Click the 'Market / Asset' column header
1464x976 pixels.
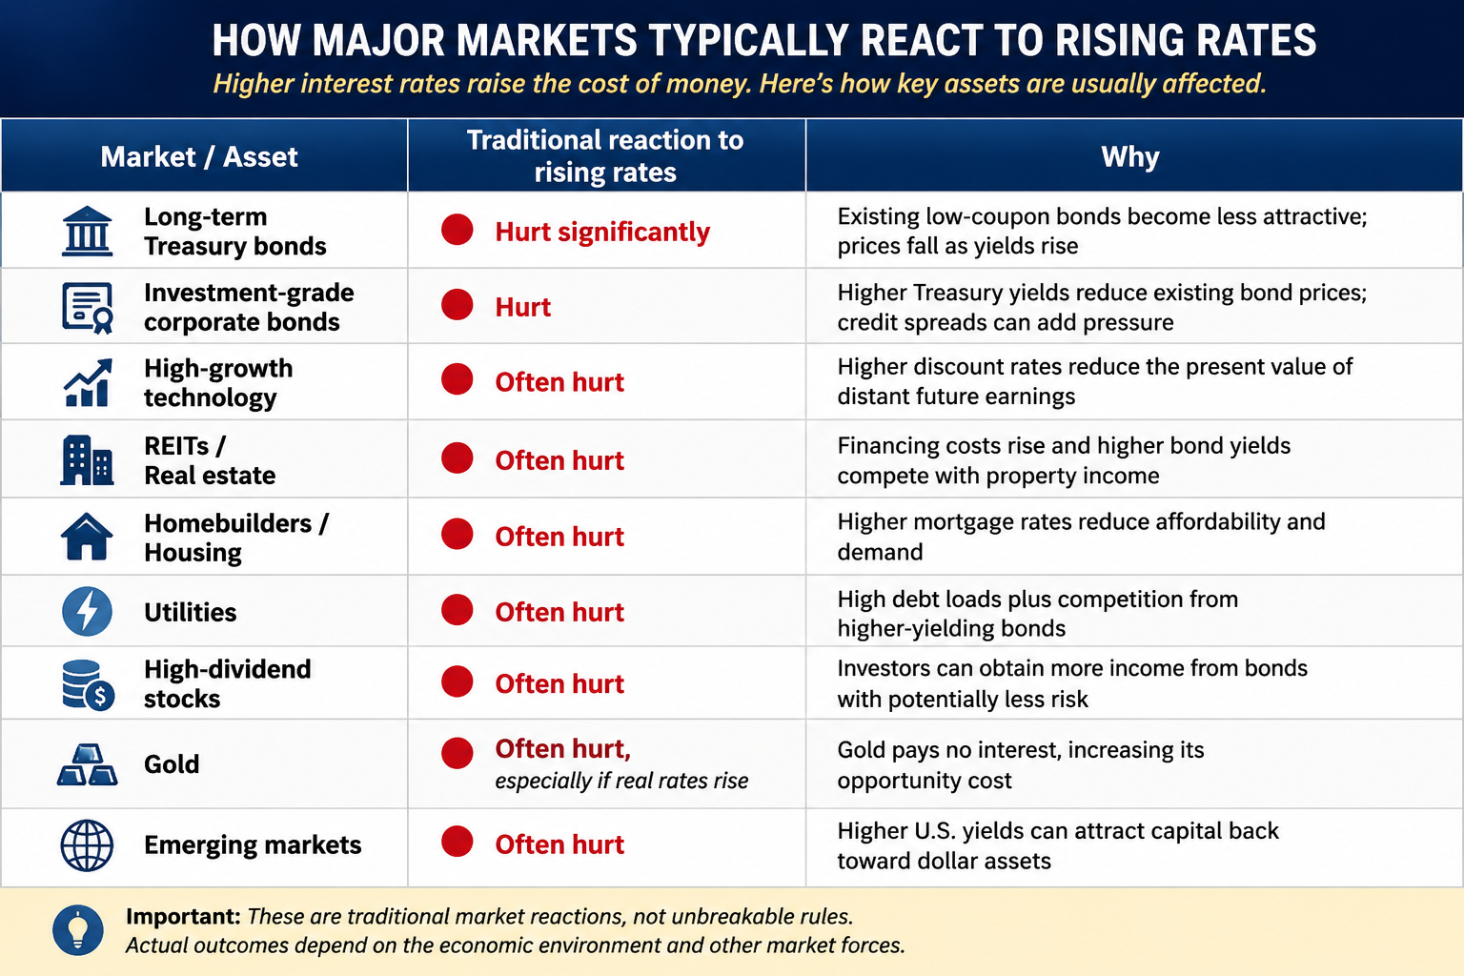pyautogui.click(x=198, y=157)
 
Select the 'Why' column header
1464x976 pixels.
pyautogui.click(x=1130, y=157)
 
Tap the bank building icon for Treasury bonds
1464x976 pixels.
pyautogui.click(x=87, y=231)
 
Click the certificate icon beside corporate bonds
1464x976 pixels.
pyautogui.click(x=88, y=308)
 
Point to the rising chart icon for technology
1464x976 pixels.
pyautogui.click(x=88, y=382)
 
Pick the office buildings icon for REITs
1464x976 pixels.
pyautogui.click(x=87, y=460)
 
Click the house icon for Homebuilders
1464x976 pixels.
pyautogui.click(x=87, y=537)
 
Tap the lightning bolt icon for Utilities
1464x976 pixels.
pyautogui.click(x=87, y=612)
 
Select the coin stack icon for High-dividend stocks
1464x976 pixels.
pyautogui.click(x=89, y=684)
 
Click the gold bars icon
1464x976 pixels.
pyautogui.click(x=87, y=764)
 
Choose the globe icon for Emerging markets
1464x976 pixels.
pyautogui.click(x=87, y=845)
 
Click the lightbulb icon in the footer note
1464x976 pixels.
pyautogui.click(x=78, y=930)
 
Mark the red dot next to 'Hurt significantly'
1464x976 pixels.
pyautogui.click(x=457, y=230)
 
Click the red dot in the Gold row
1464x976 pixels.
pyautogui.click(x=457, y=753)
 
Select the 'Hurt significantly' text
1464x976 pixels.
pyautogui.click(x=602, y=232)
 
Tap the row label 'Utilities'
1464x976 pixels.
pyautogui.click(x=191, y=613)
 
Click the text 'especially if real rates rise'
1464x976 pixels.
pyautogui.click(x=621, y=782)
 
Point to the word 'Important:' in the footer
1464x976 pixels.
pyautogui.click(x=184, y=917)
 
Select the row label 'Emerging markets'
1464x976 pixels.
pyautogui.click(x=253, y=845)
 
